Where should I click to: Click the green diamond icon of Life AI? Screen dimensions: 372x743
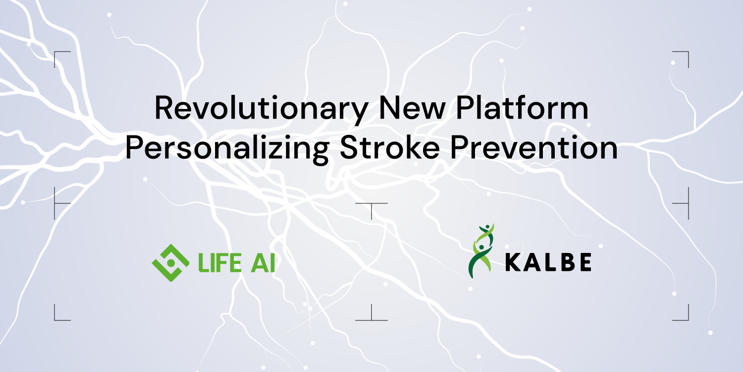(x=170, y=262)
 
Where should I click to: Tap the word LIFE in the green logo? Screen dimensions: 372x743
(x=219, y=263)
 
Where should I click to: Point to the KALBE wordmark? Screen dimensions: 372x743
(x=548, y=263)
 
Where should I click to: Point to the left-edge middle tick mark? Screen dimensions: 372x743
(x=58, y=203)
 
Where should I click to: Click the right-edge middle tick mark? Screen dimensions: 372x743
(x=685, y=203)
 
